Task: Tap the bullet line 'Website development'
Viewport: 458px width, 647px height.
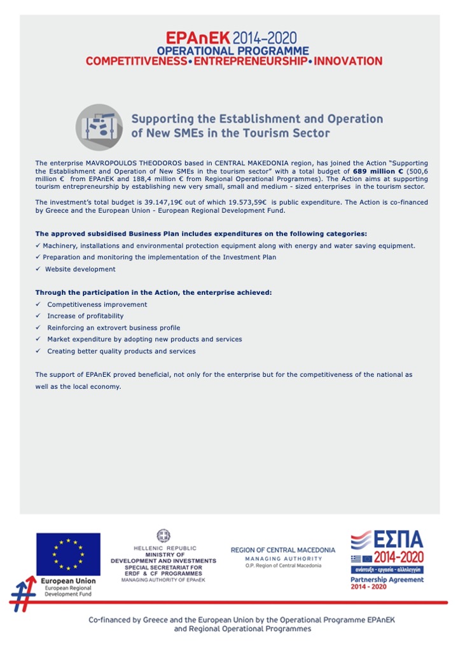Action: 80,269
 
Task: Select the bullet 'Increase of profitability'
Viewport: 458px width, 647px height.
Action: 85,316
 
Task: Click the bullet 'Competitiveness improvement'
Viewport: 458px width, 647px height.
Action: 97,304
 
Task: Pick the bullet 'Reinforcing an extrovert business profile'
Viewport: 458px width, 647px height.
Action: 113,328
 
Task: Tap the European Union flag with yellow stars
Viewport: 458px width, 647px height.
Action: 68,554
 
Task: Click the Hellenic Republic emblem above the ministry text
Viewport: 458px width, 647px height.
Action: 163,536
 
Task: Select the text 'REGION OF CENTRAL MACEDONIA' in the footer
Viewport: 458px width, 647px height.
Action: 282,550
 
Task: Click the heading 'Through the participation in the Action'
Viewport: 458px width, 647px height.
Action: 153,292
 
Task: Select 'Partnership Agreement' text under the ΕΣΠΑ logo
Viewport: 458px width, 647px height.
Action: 387,580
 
